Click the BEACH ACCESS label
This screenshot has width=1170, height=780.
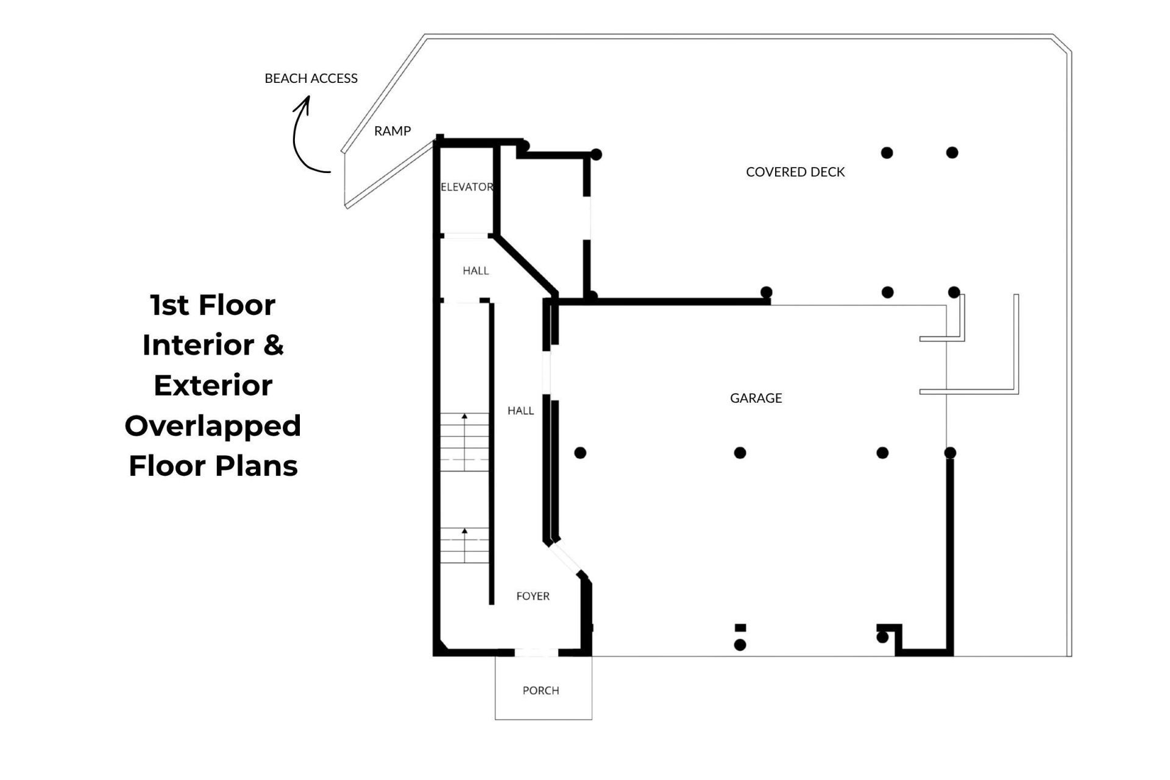[x=311, y=78]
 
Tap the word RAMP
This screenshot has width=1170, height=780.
[x=392, y=130]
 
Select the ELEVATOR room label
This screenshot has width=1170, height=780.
[x=467, y=186]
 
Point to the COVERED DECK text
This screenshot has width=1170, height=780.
[x=795, y=172]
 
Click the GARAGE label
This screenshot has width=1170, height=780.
[x=756, y=398]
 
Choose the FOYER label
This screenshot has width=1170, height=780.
[x=533, y=596]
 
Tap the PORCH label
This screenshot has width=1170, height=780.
[x=541, y=690]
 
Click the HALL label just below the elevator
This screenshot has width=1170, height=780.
[x=475, y=271]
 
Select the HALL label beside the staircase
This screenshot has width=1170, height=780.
[x=520, y=411]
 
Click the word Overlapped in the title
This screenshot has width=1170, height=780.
[x=213, y=426]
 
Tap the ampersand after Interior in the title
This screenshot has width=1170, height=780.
[x=274, y=345]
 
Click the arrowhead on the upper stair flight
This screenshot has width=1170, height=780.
[x=464, y=416]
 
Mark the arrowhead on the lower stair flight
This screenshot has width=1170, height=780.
[x=464, y=531]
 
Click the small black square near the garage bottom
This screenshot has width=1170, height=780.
[x=740, y=628]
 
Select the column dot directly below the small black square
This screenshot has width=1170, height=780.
[x=740, y=645]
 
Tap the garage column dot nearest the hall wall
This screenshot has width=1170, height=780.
[x=580, y=453]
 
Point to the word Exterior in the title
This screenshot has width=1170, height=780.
[x=213, y=385]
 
